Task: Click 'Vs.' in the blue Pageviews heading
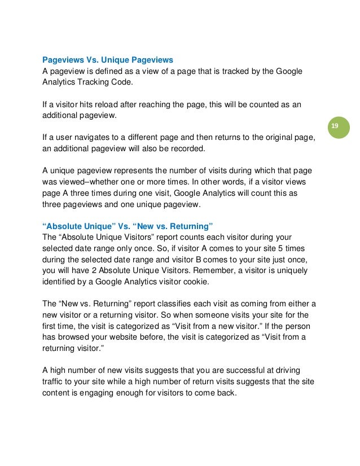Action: tap(93, 59)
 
